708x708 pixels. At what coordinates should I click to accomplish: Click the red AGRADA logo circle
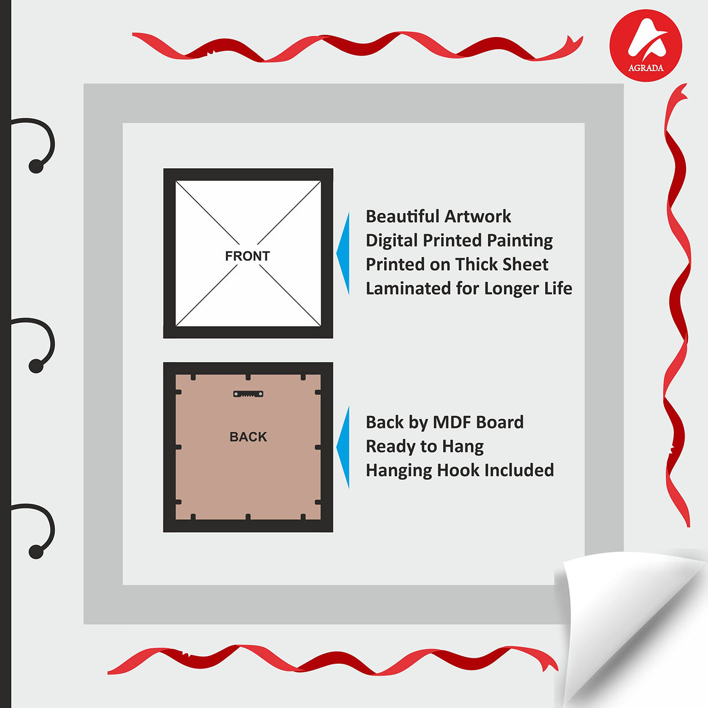point(645,45)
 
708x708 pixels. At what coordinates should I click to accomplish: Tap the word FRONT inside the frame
point(247,255)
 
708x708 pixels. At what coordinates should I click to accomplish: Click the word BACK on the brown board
point(248,437)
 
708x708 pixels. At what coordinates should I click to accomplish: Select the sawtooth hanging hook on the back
point(248,394)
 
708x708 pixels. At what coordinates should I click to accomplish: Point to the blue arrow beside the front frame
point(343,254)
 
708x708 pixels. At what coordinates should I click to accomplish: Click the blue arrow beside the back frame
point(343,447)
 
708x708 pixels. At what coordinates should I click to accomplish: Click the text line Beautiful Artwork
point(438,216)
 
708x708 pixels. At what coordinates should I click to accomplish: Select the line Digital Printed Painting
point(459,241)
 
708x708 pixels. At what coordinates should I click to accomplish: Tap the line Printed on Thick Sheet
point(457,264)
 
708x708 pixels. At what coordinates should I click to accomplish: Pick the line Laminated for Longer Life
point(469,288)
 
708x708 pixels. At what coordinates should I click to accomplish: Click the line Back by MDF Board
point(445,422)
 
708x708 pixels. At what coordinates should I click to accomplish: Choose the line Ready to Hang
point(424,447)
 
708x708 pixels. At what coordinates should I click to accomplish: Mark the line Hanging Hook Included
point(460,470)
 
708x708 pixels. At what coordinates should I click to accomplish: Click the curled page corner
point(625,625)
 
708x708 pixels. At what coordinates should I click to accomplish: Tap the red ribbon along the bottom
point(333,660)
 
